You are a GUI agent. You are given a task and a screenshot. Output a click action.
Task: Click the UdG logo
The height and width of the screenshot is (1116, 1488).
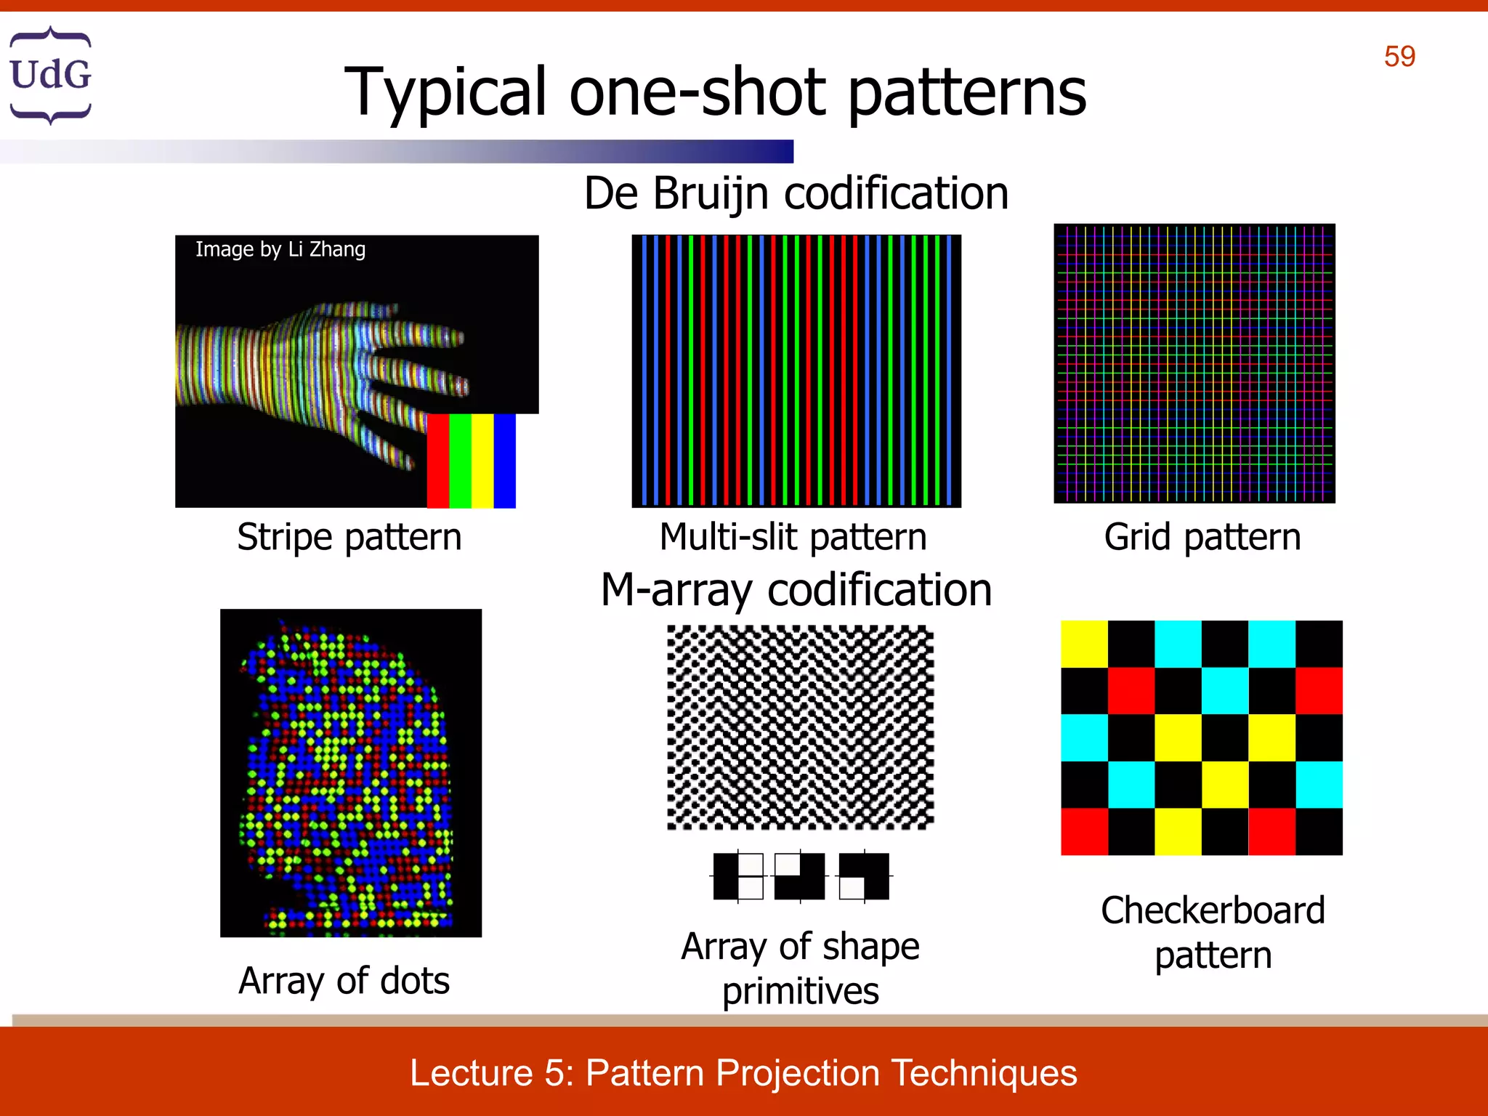coord(50,75)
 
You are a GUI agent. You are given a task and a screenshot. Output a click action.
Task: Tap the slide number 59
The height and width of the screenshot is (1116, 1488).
coord(1399,57)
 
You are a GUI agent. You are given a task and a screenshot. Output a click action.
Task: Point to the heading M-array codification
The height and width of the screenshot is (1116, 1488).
coord(796,589)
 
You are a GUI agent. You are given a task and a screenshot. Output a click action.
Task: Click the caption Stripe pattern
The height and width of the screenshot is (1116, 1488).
coord(349,538)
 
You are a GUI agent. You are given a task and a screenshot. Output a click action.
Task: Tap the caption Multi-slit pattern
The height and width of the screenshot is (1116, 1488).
coord(793,538)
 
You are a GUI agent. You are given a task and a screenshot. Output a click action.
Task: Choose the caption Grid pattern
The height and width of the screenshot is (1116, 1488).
coord(1202,538)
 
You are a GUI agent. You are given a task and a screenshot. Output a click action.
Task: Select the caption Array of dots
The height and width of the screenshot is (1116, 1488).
coord(344,981)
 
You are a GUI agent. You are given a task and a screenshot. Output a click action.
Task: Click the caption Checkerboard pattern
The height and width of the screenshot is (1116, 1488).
coord(1213,932)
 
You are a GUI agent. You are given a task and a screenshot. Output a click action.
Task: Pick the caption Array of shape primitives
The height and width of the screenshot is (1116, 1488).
coord(800,969)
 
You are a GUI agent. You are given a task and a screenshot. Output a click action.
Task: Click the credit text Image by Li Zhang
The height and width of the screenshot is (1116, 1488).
coord(280,249)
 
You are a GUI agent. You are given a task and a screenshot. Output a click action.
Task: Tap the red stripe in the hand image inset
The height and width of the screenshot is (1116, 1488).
coord(437,461)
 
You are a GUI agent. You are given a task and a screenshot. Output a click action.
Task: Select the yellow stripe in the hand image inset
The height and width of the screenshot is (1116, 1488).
coord(482,461)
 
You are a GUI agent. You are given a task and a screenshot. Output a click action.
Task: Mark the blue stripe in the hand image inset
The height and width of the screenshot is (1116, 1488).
coord(505,461)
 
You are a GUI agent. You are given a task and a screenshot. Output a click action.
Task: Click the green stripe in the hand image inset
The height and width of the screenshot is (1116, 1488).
coord(460,461)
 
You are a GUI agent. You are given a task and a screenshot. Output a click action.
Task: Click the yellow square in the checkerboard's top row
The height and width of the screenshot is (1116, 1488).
coord(1084,644)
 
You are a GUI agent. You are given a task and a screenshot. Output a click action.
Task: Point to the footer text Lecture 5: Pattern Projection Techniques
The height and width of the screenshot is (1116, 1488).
coord(743,1073)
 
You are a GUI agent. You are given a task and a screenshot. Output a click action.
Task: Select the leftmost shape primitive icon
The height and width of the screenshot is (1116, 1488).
coord(738,876)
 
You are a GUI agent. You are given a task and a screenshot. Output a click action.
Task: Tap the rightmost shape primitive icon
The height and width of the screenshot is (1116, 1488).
coord(864,876)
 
